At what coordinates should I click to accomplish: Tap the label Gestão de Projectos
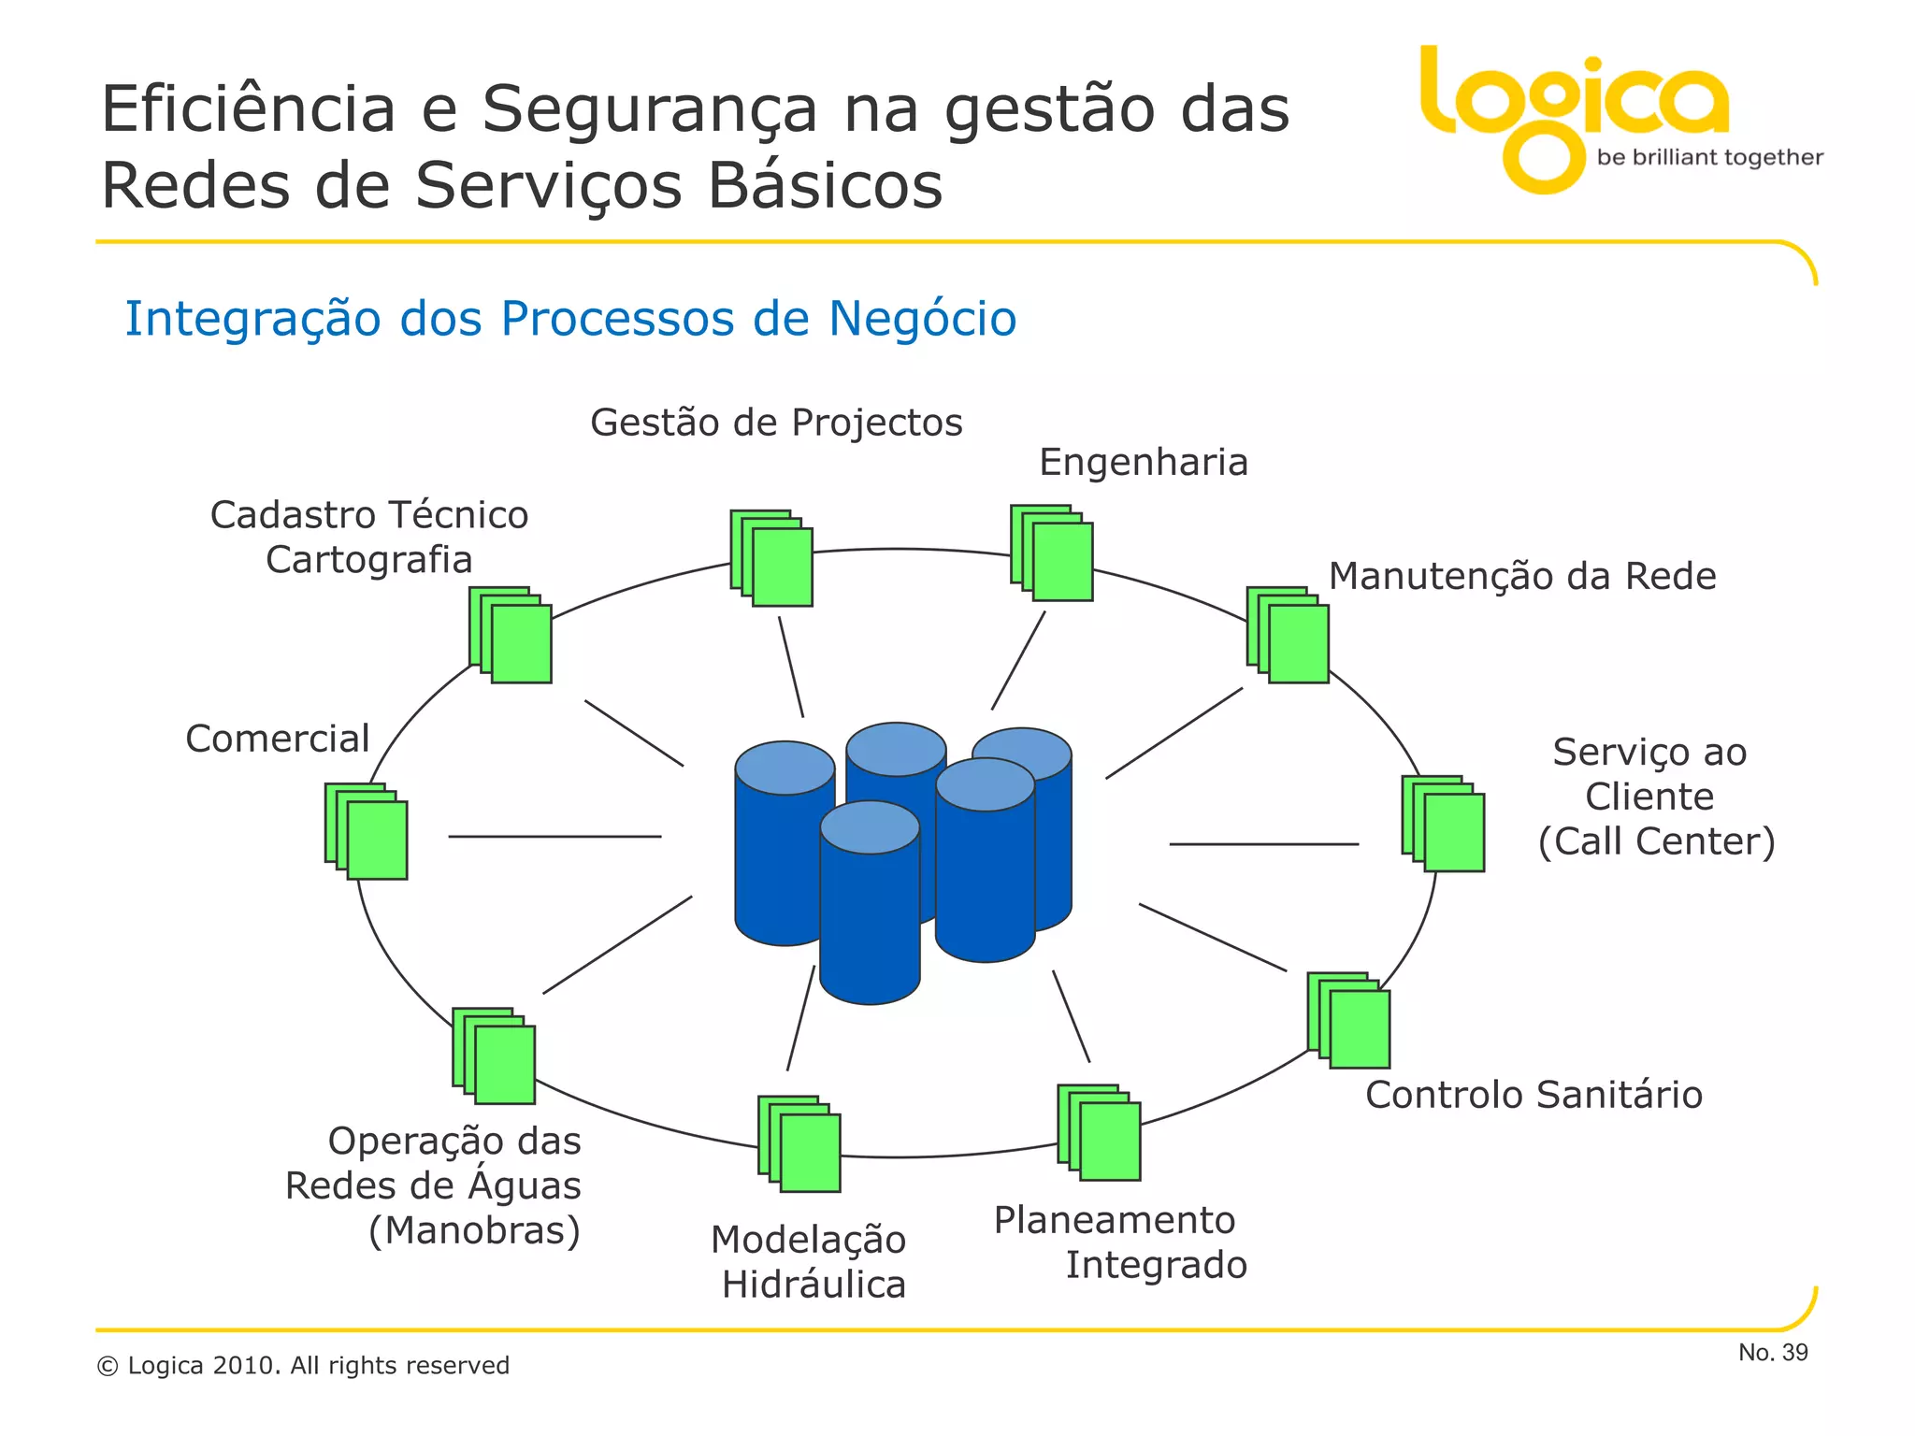(776, 423)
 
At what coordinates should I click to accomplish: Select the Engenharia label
(1144, 463)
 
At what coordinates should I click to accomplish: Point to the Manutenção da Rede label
(1522, 577)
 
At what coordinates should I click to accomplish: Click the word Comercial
(278, 739)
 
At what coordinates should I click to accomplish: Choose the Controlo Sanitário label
(1533, 1095)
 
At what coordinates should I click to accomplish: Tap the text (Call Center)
(1656, 841)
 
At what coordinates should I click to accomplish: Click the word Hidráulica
(814, 1285)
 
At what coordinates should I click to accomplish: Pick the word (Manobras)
(475, 1230)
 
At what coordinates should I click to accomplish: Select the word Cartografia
(369, 560)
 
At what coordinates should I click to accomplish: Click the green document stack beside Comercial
(367, 831)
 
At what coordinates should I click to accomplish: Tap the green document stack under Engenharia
(1052, 553)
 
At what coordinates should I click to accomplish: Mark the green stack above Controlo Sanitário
(1348, 1020)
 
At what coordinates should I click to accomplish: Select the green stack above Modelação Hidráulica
(799, 1143)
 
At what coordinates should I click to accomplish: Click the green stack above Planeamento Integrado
(1099, 1132)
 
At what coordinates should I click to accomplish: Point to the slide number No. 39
(1773, 1353)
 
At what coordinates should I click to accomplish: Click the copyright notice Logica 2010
(303, 1366)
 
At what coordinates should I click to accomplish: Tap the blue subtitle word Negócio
(922, 319)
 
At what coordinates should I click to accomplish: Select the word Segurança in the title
(650, 109)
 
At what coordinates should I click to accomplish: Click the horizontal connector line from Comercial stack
(554, 837)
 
